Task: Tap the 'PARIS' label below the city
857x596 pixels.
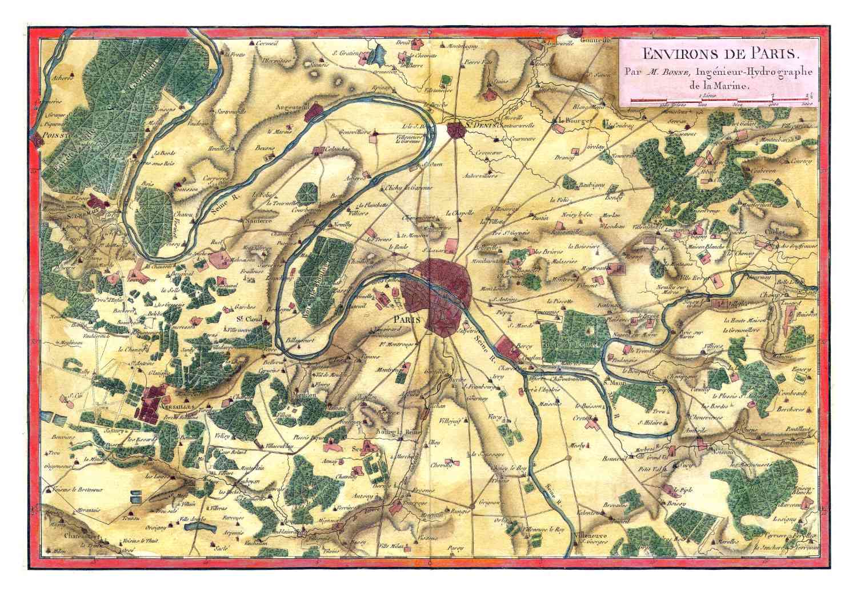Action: (x=407, y=321)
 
